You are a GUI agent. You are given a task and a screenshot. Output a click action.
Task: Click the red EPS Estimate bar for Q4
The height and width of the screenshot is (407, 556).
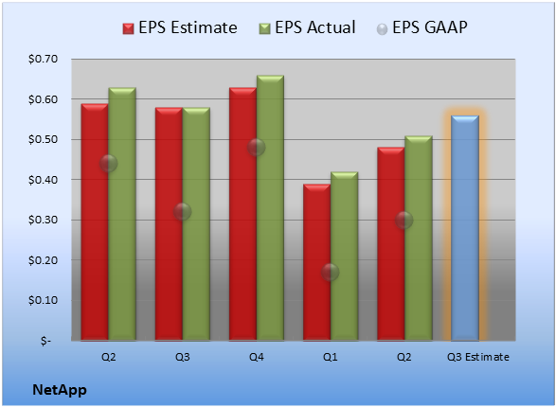pyautogui.click(x=242, y=214)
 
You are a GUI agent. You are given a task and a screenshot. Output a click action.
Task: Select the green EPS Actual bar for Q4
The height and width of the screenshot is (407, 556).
pyautogui.click(x=270, y=208)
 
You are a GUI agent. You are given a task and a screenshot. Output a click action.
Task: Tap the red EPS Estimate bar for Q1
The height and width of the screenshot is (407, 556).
pyautogui.click(x=316, y=262)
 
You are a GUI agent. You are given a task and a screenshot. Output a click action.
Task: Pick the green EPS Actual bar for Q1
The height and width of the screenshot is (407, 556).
pyautogui.click(x=344, y=257)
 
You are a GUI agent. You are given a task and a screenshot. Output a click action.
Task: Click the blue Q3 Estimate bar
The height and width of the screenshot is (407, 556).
pyautogui.click(x=465, y=228)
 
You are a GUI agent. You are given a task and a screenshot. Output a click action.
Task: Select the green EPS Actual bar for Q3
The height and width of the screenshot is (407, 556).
pyautogui.click(x=196, y=224)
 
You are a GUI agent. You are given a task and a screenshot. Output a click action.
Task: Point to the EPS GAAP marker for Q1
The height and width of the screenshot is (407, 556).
pyautogui.click(x=331, y=272)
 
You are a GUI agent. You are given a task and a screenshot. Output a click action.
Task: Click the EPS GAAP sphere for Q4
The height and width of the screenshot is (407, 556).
pyautogui.click(x=256, y=147)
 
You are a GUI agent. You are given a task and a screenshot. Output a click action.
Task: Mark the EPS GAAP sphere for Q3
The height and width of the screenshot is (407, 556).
pyautogui.click(x=182, y=212)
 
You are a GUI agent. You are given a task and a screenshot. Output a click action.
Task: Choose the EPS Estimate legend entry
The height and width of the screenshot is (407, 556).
pyautogui.click(x=180, y=27)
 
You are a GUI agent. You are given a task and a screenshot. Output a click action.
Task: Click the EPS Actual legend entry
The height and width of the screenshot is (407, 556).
pyautogui.click(x=308, y=27)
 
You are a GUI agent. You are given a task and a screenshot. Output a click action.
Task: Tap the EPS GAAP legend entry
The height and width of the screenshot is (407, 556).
pyautogui.click(x=421, y=27)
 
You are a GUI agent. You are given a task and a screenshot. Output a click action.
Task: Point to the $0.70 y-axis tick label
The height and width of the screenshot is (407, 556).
pyautogui.click(x=43, y=59)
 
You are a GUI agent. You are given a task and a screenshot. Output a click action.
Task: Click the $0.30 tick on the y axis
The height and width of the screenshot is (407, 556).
pyautogui.click(x=43, y=220)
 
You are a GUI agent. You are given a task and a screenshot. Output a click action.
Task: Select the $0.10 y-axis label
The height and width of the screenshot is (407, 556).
pyautogui.click(x=43, y=300)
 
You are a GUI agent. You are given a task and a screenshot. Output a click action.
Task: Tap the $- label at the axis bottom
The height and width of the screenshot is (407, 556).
pyautogui.click(x=45, y=341)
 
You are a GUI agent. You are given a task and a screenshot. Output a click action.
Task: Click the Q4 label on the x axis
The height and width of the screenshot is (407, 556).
pyautogui.click(x=257, y=357)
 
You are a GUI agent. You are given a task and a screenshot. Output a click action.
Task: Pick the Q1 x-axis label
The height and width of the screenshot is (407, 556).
pyautogui.click(x=331, y=357)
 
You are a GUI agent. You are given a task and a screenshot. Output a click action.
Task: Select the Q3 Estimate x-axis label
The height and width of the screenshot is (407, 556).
pyautogui.click(x=478, y=357)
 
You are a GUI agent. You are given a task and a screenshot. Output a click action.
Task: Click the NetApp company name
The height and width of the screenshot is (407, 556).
pyautogui.click(x=60, y=390)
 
